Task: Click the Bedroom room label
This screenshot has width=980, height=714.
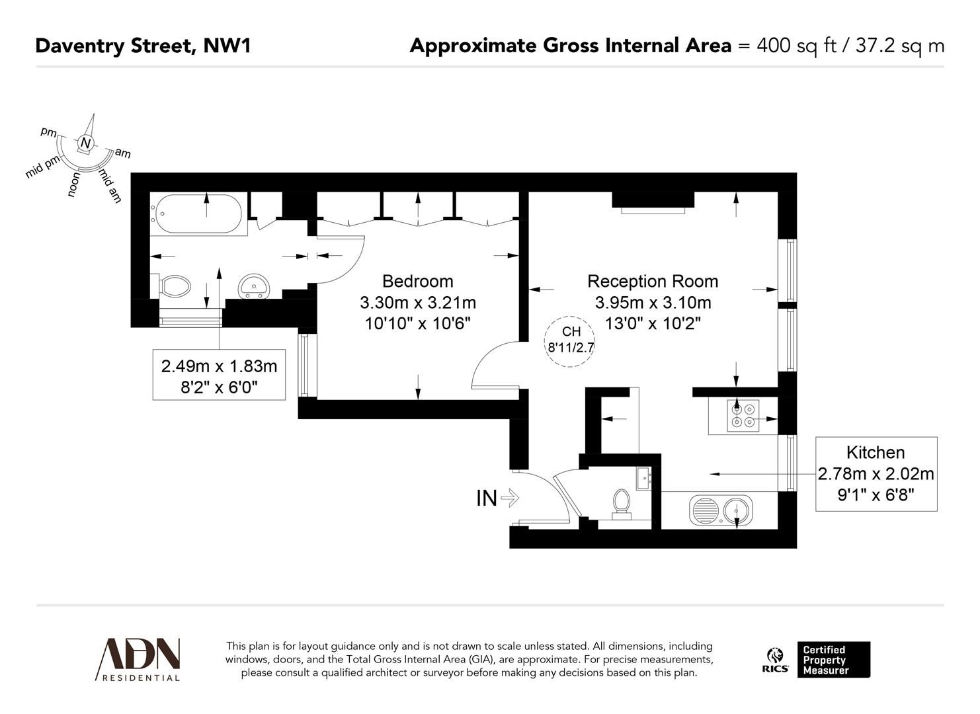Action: (x=417, y=281)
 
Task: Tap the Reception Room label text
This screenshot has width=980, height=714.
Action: (x=653, y=281)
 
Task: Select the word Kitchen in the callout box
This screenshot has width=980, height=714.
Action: (x=876, y=452)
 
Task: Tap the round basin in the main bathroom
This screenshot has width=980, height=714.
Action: (x=255, y=286)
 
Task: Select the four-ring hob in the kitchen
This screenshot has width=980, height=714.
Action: (x=743, y=415)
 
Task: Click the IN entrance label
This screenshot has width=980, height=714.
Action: (x=487, y=498)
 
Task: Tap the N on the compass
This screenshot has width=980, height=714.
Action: (x=85, y=143)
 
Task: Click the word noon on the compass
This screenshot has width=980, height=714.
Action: (x=75, y=184)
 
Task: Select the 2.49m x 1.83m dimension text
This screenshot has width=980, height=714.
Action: (x=219, y=366)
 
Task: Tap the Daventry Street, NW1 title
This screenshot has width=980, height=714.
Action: (x=143, y=45)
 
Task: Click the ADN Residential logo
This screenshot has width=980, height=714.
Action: (x=139, y=659)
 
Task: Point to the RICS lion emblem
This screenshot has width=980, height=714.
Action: (x=774, y=656)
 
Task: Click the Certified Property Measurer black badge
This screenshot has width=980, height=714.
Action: (x=833, y=660)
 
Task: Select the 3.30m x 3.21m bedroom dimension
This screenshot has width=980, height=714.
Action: (x=417, y=303)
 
